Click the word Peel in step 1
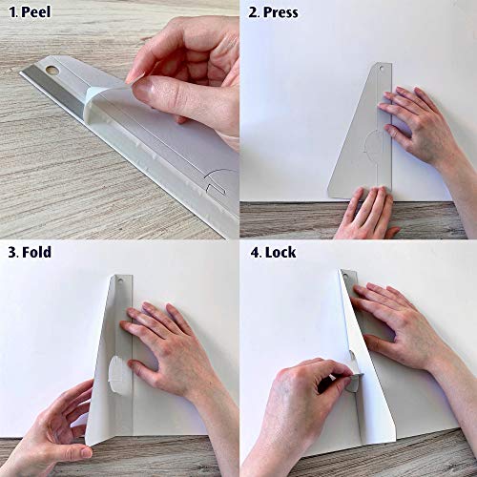pyautogui.click(x=36, y=12)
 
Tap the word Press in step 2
pyautogui.click(x=280, y=12)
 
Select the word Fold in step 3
pyautogui.click(x=36, y=252)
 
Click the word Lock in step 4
pyautogui.click(x=280, y=252)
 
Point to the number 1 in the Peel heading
pyautogui.click(x=13, y=12)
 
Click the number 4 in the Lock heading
pyautogui.click(x=255, y=253)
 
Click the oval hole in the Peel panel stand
pyautogui.click(x=52, y=70)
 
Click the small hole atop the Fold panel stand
pyautogui.click(x=120, y=280)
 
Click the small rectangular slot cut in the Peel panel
pyautogui.click(x=217, y=188)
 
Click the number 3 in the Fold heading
pyautogui.click(x=12, y=252)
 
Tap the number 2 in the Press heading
pyautogui.click(x=253, y=12)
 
